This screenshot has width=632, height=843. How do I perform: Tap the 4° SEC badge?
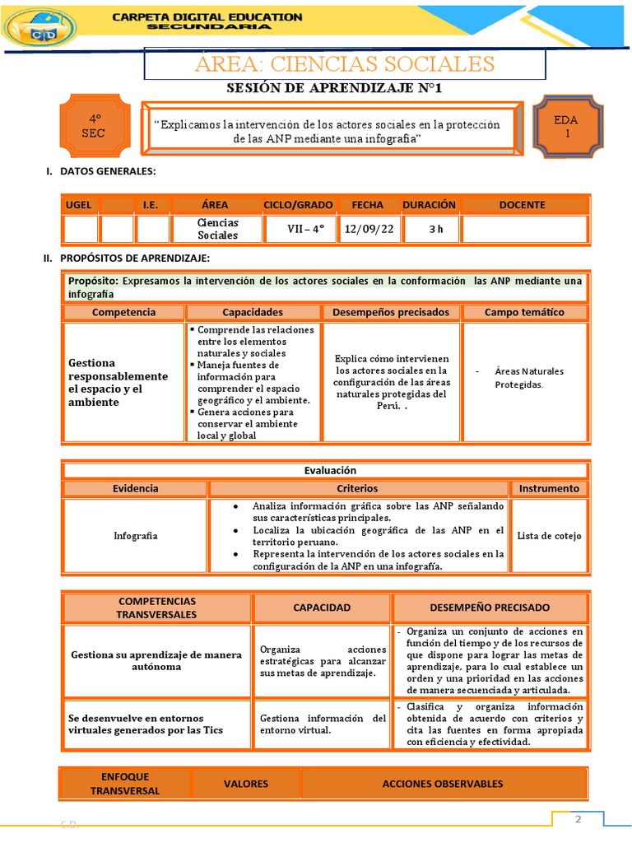point(94,127)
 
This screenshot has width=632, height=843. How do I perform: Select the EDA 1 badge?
point(566,126)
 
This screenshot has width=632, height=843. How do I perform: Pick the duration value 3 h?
point(435,229)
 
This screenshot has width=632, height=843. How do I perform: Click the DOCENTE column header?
point(522,204)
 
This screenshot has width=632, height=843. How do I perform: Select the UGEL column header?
point(81,204)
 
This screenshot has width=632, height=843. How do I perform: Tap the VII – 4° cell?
point(298,229)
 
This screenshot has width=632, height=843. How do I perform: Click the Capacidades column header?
point(253,312)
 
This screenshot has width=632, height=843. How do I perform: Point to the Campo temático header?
point(524,312)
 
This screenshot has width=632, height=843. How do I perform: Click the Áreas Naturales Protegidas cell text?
point(528,378)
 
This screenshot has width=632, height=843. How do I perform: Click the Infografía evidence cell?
point(136,536)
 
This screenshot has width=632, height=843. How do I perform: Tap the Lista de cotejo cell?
point(549,536)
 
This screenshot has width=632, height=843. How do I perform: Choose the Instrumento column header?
point(549,488)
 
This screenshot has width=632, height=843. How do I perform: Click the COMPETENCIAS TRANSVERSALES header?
point(157,608)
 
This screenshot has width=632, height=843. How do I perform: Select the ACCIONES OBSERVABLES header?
point(443,784)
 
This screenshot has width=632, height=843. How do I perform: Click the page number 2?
point(578,819)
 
